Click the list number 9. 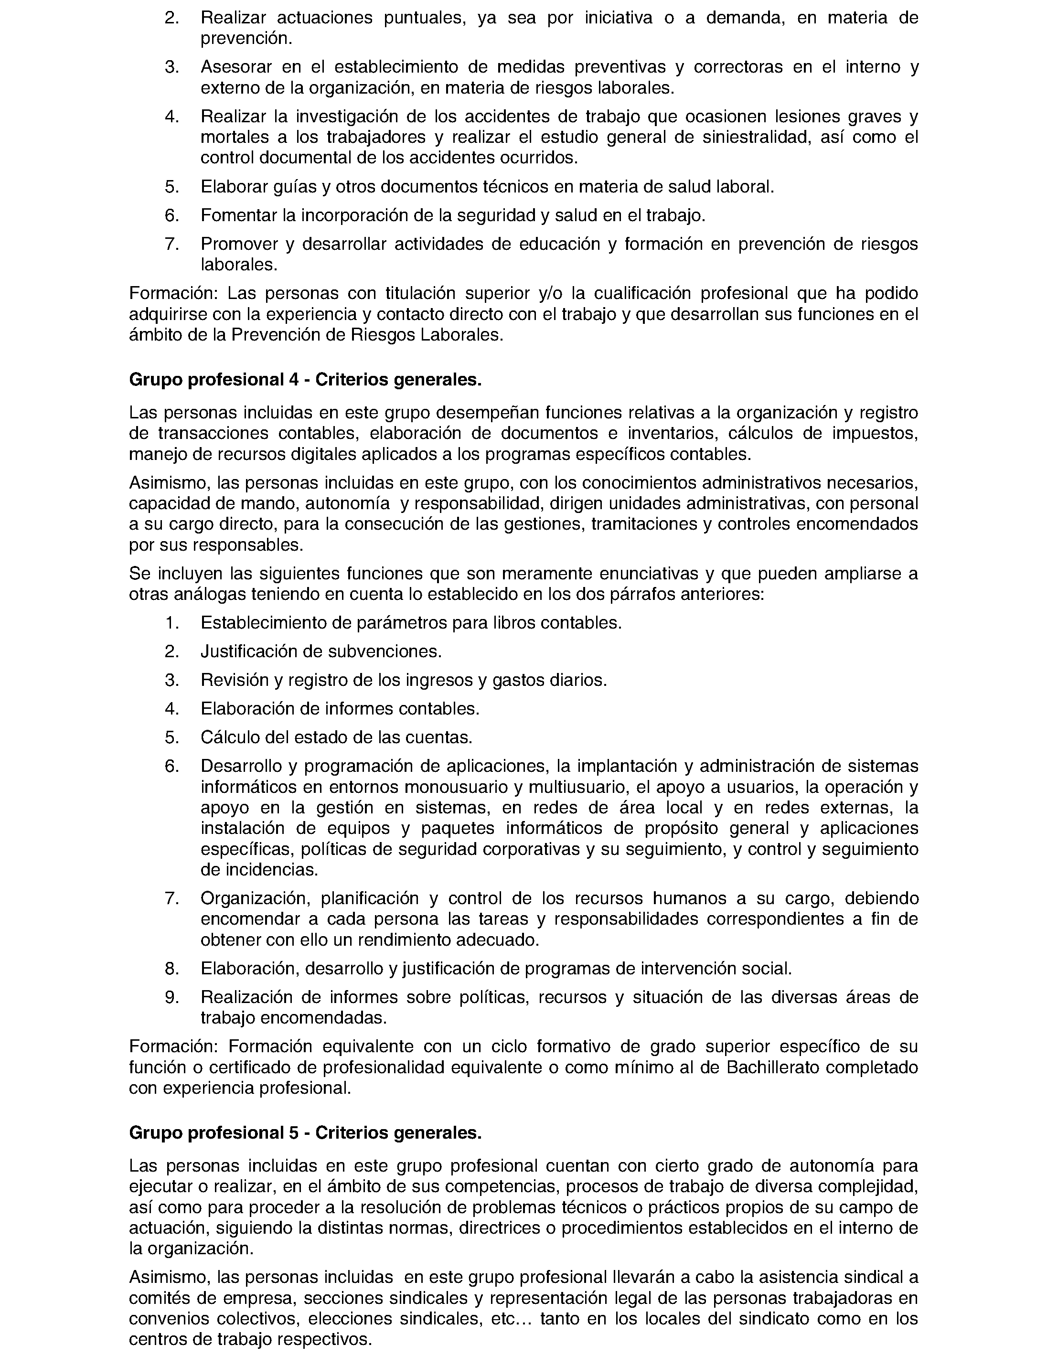pos(172,997)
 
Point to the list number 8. pos(172,969)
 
